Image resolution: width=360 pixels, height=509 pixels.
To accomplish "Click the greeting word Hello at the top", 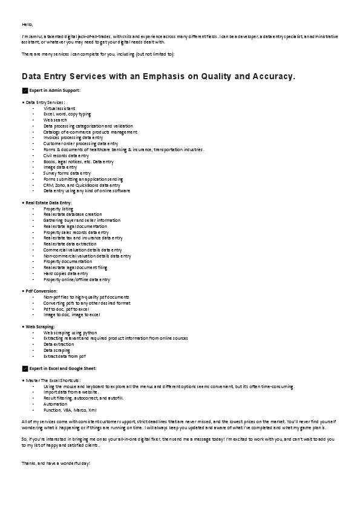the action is pyautogui.click(x=27, y=24).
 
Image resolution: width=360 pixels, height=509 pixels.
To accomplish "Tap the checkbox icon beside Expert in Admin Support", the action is pyautogui.click(x=24, y=90).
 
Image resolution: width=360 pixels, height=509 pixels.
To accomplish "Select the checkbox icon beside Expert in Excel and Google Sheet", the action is pyautogui.click(x=24, y=368).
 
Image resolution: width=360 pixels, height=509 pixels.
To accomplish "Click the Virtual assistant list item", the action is pyautogui.click(x=59, y=108).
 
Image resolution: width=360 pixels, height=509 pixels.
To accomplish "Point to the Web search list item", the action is pyautogui.click(x=55, y=120).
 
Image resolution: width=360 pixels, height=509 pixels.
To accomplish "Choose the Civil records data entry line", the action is pyautogui.click(x=66, y=155).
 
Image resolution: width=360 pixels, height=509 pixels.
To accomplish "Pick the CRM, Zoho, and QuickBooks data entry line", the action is pyautogui.click(x=77, y=185).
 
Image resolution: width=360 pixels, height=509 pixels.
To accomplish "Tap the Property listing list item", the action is pyautogui.click(x=58, y=209).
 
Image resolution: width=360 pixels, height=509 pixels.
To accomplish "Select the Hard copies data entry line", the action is pyautogui.click(x=65, y=274).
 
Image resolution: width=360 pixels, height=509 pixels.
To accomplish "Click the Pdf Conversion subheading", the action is pyautogui.click(x=41, y=291).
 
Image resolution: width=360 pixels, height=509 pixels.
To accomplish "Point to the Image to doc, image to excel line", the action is pyautogui.click(x=71, y=315).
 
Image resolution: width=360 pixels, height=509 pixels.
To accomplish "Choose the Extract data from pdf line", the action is pyautogui.click(x=64, y=356).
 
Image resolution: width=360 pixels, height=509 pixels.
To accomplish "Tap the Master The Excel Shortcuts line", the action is pyautogui.click(x=53, y=380).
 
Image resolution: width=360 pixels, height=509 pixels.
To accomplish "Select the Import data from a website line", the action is pyautogui.click(x=71, y=392).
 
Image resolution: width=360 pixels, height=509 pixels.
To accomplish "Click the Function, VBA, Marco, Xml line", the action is pyautogui.click(x=70, y=409).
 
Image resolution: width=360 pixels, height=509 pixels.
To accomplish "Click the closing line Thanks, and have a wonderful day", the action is pyautogui.click(x=56, y=462).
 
